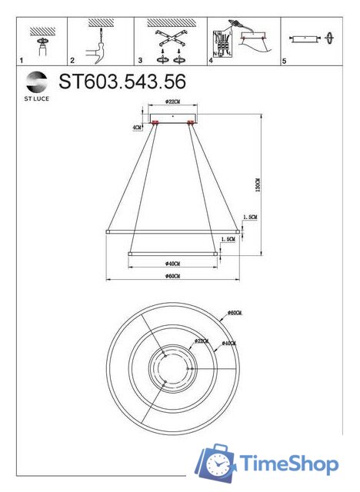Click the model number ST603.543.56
coord(122,81)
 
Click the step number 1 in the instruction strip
coord(22,59)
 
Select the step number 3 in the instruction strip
coord(140,59)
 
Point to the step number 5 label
coord(284,59)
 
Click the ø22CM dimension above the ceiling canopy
coord(172,101)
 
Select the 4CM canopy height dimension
coord(137,125)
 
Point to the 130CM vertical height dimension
coord(259,185)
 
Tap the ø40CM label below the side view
coord(172,263)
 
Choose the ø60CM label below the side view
coord(172,276)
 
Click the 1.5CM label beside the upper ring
coord(249,218)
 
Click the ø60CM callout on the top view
coord(235,314)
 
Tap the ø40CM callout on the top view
coord(229,343)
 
